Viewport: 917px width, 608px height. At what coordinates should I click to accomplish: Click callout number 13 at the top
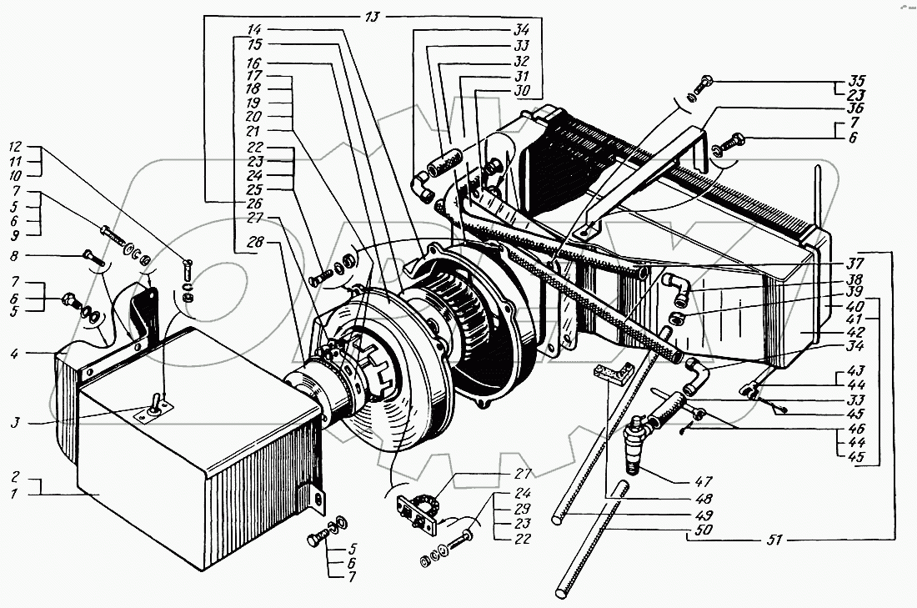372,17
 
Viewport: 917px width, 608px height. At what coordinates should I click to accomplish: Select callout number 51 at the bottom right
774,539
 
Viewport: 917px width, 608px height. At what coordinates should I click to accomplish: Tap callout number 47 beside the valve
704,481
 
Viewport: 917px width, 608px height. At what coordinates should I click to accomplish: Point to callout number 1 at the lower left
15,493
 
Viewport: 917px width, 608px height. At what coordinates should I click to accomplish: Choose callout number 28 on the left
255,242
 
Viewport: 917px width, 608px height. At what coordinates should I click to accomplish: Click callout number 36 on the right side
854,108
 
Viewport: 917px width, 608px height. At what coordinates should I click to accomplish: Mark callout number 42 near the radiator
854,332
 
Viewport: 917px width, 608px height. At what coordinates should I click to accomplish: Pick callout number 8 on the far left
15,256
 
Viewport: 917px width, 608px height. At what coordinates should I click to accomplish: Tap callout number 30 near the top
521,90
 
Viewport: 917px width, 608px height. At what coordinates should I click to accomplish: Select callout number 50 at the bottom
704,530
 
